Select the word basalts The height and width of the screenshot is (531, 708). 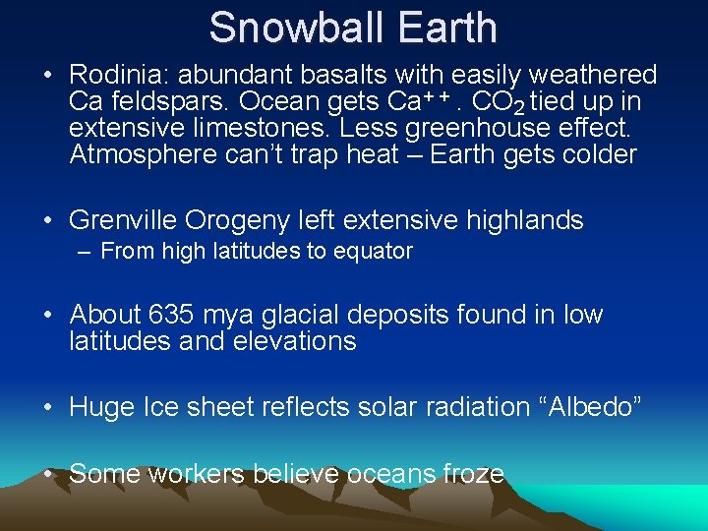pyautogui.click(x=337, y=75)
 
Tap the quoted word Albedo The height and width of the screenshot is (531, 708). pyautogui.click(x=589, y=407)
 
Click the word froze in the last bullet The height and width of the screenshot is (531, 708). pyautogui.click(x=471, y=474)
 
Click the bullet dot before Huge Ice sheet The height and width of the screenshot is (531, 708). pyautogui.click(x=50, y=407)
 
